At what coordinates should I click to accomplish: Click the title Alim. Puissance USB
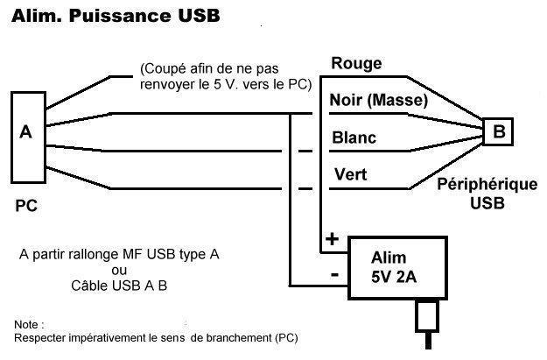pyautogui.click(x=116, y=16)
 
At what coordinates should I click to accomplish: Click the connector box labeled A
pyautogui.click(x=28, y=138)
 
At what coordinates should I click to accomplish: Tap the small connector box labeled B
pyautogui.click(x=498, y=131)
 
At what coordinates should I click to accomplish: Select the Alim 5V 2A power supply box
pyautogui.click(x=397, y=268)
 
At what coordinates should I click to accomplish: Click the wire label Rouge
pyautogui.click(x=356, y=64)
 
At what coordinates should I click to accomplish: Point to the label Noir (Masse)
pyautogui.click(x=378, y=100)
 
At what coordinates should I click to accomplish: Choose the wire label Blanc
pyautogui.click(x=354, y=138)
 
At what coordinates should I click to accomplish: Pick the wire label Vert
pyautogui.click(x=350, y=174)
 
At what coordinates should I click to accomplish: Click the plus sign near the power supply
pyautogui.click(x=332, y=239)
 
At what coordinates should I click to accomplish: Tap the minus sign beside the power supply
pyautogui.click(x=334, y=275)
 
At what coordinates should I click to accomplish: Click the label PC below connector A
pyautogui.click(x=26, y=206)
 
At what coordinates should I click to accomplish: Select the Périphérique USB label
pyautogui.click(x=487, y=194)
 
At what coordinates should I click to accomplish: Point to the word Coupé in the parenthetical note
pyautogui.click(x=163, y=69)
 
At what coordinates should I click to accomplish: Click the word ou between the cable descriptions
pyautogui.click(x=119, y=271)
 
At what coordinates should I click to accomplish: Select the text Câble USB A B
pyautogui.click(x=119, y=286)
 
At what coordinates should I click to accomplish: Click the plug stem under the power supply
pyautogui.click(x=428, y=341)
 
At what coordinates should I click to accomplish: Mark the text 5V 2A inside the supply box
pyautogui.click(x=394, y=278)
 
